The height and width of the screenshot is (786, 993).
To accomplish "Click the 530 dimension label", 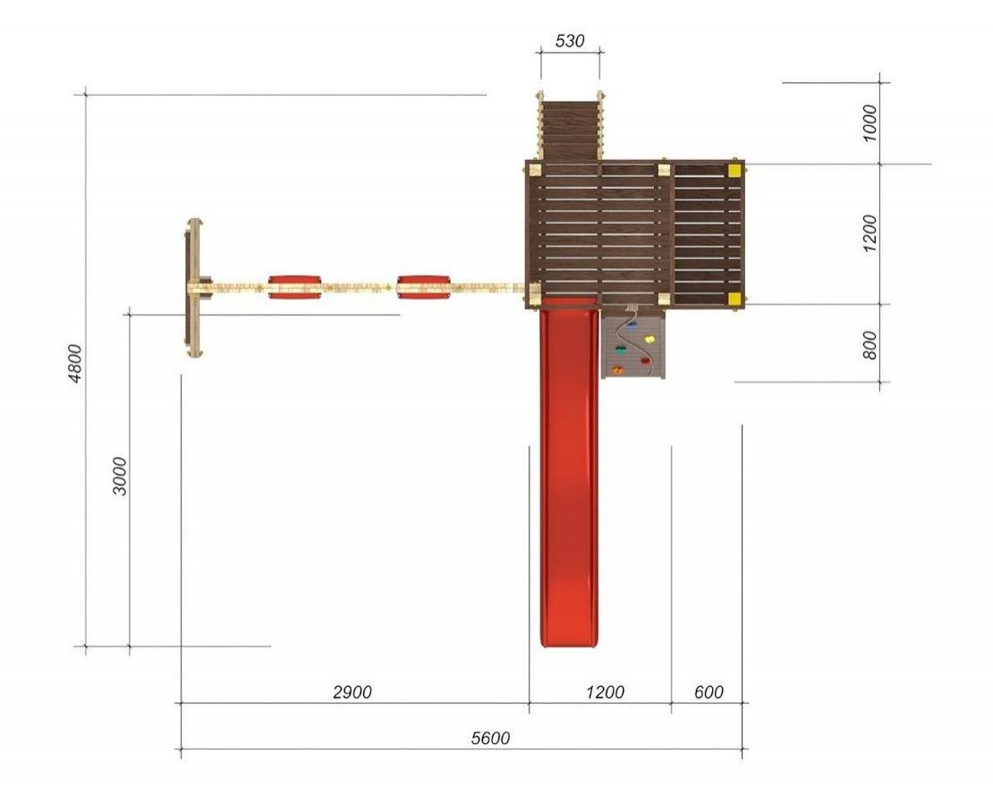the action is click(x=569, y=41).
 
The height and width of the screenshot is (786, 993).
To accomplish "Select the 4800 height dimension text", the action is click(x=75, y=363).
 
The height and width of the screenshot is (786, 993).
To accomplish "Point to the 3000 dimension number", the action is click(x=120, y=476).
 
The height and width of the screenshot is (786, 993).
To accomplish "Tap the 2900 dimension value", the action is click(x=352, y=692).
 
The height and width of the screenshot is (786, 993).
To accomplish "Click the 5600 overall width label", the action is click(x=490, y=738).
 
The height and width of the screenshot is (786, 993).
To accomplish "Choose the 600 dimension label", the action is click(x=709, y=692).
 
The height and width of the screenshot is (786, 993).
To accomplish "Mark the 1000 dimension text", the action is click(x=870, y=123).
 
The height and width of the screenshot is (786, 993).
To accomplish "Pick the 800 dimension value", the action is click(x=870, y=345).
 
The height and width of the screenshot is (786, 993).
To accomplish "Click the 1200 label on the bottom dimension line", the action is click(x=605, y=692).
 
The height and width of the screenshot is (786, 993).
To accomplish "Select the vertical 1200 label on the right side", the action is click(x=870, y=232).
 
